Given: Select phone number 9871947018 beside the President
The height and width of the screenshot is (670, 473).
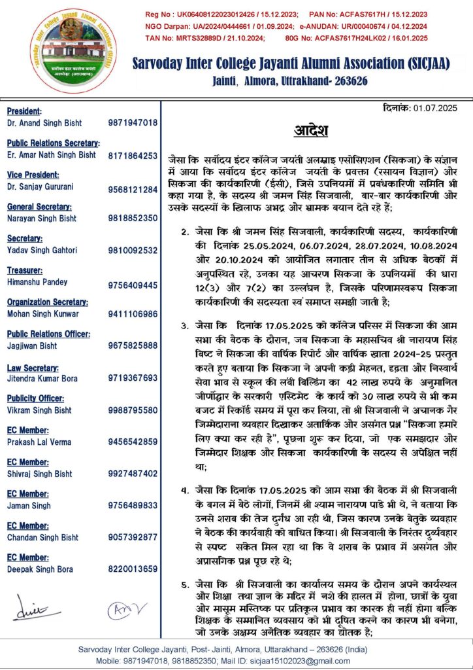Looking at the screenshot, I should [x=133, y=123].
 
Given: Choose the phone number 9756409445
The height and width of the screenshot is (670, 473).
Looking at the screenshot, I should [x=133, y=285].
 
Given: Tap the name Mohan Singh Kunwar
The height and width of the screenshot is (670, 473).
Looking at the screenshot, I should [x=42, y=314].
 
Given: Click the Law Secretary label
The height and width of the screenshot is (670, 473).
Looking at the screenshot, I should [x=33, y=368].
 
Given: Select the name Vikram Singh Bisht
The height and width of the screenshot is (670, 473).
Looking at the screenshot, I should [x=40, y=410].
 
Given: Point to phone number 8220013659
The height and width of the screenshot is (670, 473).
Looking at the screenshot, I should [x=133, y=568].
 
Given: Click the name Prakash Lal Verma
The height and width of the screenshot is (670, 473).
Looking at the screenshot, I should [x=39, y=442].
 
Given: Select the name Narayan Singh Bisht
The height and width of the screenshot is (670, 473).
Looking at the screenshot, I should [x=41, y=218].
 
